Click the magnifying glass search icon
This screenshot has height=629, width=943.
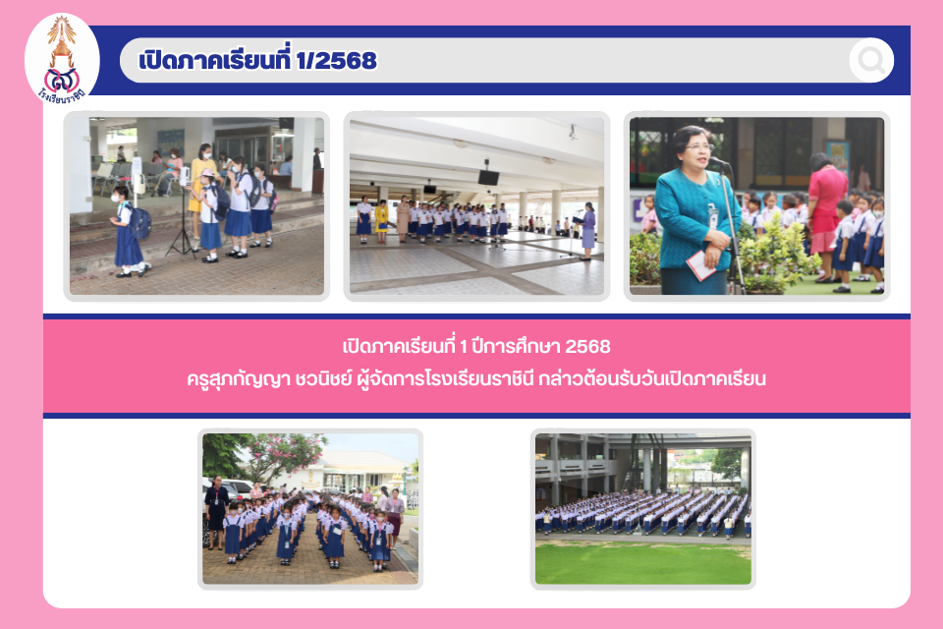click(871, 60)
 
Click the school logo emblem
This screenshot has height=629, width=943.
click(61, 59)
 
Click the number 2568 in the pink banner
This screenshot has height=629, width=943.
click(587, 346)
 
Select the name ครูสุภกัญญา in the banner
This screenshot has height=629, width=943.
click(239, 379)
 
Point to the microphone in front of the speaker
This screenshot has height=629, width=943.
click(718, 161)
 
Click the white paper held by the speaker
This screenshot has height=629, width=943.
click(700, 265)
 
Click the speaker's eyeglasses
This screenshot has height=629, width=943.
click(698, 146)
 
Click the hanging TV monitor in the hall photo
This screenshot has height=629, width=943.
click(488, 177)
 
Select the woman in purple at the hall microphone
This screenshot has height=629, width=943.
click(587, 231)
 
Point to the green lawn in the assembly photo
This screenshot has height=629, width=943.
click(642, 563)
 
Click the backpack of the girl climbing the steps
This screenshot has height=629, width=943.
click(140, 222)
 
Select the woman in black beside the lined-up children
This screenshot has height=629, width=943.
click(216, 511)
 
